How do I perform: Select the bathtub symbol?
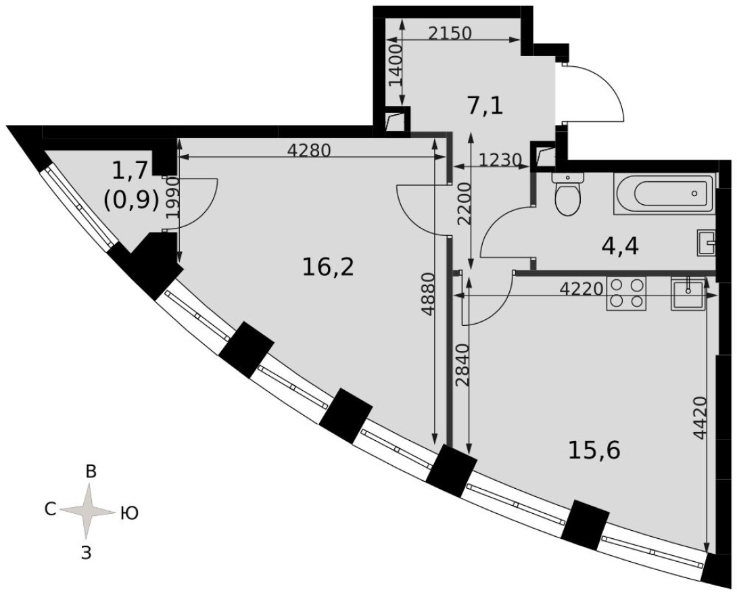tap(664, 194)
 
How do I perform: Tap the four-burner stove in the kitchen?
tap(626, 293)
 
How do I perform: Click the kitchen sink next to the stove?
tap(688, 293)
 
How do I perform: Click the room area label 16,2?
tap(328, 268)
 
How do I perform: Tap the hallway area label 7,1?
tap(485, 105)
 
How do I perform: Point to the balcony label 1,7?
tap(128, 170)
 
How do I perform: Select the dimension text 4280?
tap(309, 151)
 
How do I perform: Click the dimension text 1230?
tap(500, 160)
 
